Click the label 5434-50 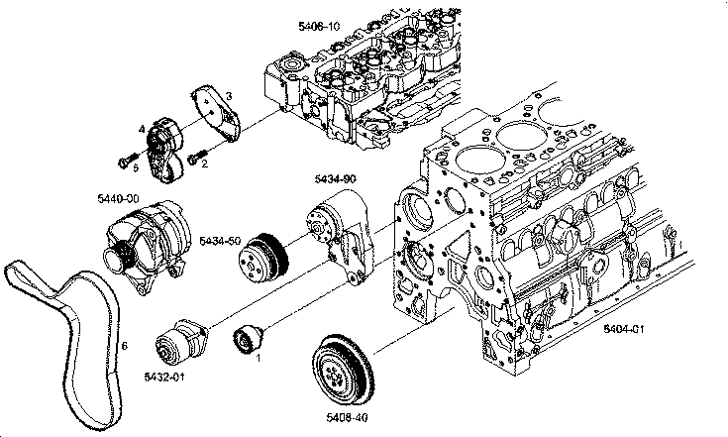pyautogui.click(x=220, y=240)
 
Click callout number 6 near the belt pyautogui.click(x=125, y=346)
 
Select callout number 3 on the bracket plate pyautogui.click(x=228, y=95)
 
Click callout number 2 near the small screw pyautogui.click(x=204, y=164)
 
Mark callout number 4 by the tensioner pyautogui.click(x=142, y=130)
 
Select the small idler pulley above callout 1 pyautogui.click(x=245, y=338)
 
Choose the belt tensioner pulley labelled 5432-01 pyautogui.click(x=178, y=342)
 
